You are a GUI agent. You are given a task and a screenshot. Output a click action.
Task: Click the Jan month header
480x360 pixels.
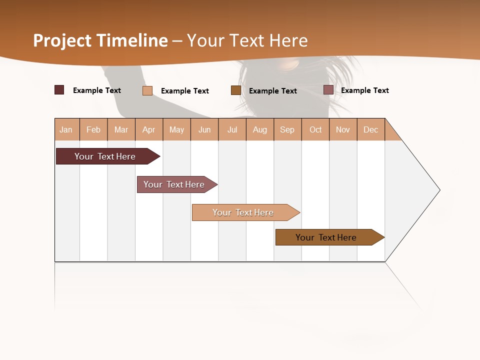[66, 129]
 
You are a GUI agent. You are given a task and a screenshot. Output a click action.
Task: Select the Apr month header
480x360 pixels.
[149, 129]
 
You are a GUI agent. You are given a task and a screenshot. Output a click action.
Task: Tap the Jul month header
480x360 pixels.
[232, 129]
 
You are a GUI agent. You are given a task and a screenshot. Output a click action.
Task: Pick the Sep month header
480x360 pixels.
[287, 129]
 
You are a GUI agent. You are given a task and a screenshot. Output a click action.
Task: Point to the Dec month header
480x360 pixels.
[371, 129]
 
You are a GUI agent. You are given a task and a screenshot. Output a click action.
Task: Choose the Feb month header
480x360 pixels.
[93, 129]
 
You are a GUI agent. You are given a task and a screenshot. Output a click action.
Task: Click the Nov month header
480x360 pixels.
[343, 129]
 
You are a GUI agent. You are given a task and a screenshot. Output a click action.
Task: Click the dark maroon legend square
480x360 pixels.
[59, 90]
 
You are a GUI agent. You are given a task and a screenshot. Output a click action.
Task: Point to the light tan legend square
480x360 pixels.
[147, 90]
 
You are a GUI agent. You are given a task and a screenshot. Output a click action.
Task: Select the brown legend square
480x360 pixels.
[236, 90]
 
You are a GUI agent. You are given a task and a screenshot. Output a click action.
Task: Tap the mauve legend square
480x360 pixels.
[328, 90]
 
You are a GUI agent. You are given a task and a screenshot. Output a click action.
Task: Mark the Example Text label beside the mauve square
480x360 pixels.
[365, 90]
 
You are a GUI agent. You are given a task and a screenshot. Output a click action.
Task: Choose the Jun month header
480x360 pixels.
[204, 129]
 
